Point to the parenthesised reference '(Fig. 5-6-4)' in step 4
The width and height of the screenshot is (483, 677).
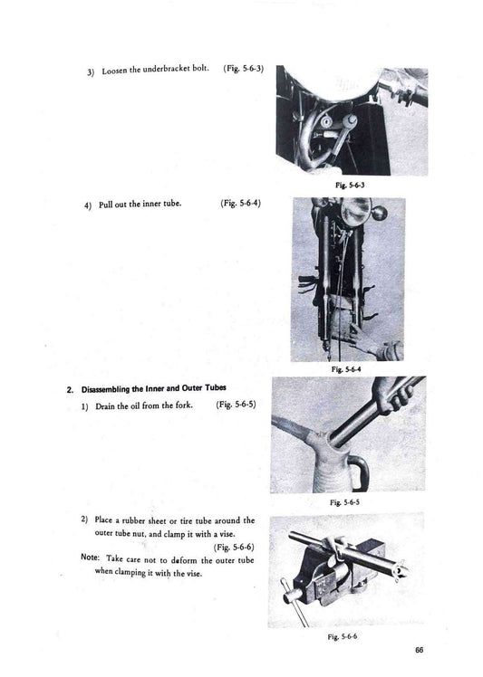coord(240,203)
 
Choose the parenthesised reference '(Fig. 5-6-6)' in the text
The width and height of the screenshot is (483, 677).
coord(233,547)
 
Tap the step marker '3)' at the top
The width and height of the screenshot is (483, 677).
coord(92,72)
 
